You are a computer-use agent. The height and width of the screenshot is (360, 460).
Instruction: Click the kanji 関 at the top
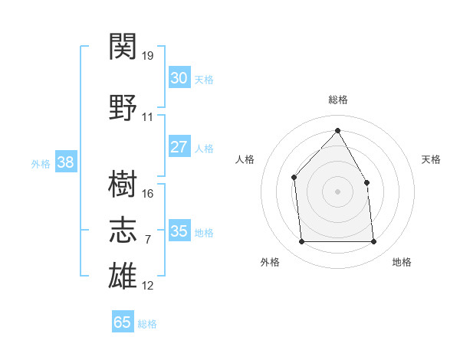point(123,46)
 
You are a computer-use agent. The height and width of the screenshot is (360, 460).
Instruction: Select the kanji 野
point(123,107)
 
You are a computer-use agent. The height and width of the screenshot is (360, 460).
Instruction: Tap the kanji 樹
point(123,184)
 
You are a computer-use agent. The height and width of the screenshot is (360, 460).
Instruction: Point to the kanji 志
point(123,230)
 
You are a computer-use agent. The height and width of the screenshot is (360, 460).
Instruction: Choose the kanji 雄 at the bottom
point(123,275)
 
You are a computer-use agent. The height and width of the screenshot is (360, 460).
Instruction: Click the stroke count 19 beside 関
point(147,56)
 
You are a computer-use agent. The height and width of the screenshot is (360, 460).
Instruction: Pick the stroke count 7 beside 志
point(148,240)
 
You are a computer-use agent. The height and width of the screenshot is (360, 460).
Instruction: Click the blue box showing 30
point(179,77)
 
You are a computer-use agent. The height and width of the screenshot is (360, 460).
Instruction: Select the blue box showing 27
point(179,146)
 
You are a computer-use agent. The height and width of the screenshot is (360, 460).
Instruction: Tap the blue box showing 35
point(179,230)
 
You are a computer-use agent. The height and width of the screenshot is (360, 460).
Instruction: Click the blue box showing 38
point(66,162)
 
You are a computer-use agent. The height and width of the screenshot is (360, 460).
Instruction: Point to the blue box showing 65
point(123,321)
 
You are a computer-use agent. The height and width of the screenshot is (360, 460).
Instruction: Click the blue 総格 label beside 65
point(147,324)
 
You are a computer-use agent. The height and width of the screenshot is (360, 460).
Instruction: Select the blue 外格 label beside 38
point(41,164)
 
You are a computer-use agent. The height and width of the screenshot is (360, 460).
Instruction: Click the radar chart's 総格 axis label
point(338,100)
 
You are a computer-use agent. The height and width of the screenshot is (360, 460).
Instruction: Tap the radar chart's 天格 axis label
point(431,159)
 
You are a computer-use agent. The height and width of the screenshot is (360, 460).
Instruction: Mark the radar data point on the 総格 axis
point(337,130)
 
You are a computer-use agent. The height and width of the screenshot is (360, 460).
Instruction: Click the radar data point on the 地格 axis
point(373,241)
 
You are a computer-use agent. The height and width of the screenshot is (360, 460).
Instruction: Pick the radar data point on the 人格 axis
point(294,178)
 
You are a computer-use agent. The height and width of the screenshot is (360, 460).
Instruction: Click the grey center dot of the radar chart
point(337,191)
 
